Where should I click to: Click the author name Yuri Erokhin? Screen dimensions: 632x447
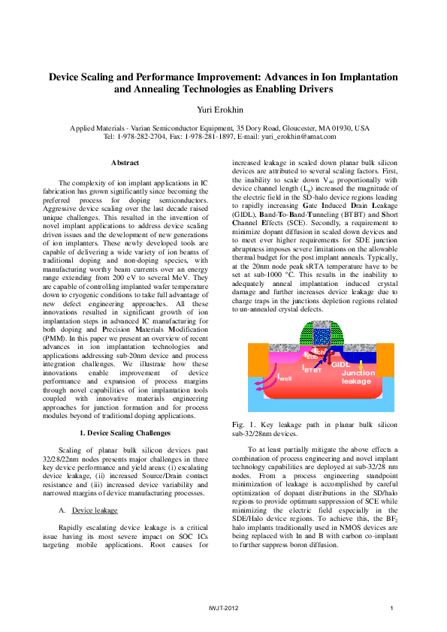[223, 109]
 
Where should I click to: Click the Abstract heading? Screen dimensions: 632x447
[125, 163]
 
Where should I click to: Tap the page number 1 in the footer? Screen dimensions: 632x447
[392, 607]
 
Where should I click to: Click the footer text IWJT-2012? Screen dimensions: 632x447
[223, 607]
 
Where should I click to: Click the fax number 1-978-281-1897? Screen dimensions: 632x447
[218, 137]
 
